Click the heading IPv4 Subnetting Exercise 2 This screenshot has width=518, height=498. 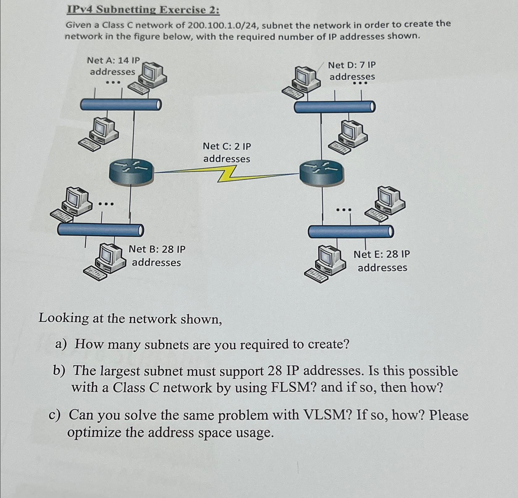point(143,10)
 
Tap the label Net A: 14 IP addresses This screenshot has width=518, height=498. point(113,66)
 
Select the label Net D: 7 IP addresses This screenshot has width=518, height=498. point(352,71)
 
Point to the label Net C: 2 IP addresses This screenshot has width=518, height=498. point(227,152)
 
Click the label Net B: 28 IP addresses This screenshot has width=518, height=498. point(157,256)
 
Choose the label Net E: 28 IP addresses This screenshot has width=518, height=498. point(382,261)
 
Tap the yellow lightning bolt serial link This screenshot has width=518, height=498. point(227,174)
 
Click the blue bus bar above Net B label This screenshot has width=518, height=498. point(100,229)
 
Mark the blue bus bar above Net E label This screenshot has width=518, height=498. point(351,232)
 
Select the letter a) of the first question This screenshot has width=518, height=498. point(61,344)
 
